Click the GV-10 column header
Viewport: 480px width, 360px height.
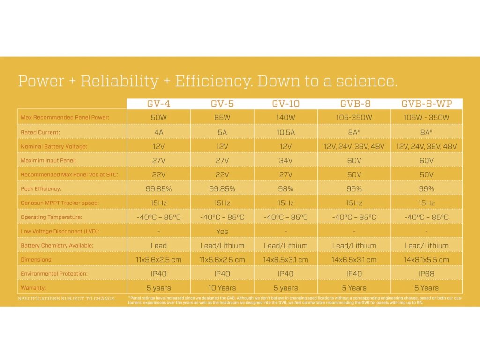tap(285, 104)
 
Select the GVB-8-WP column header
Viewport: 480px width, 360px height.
tap(427, 104)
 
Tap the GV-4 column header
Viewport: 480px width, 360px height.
tap(158, 104)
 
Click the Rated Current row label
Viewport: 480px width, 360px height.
tap(40, 132)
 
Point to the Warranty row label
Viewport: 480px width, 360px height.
tap(33, 288)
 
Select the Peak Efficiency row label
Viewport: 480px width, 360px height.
tap(41, 189)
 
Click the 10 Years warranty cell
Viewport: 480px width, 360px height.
tap(222, 288)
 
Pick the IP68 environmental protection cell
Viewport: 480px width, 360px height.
tap(427, 274)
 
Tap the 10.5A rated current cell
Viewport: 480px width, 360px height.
tap(285, 132)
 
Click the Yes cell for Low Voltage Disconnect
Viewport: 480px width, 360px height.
tap(222, 231)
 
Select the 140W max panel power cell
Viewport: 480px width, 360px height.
tap(285, 118)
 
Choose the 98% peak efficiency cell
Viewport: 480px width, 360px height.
tap(285, 189)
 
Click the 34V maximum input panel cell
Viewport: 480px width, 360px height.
tap(285, 160)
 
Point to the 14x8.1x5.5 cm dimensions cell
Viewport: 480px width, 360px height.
tap(427, 260)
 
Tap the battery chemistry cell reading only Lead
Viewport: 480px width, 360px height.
tap(158, 246)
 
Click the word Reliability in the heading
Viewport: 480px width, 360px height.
tap(120, 81)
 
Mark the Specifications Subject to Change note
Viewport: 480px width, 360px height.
tap(67, 299)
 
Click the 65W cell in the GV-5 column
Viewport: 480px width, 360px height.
tap(222, 118)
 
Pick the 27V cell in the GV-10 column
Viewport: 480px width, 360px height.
tap(285, 175)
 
